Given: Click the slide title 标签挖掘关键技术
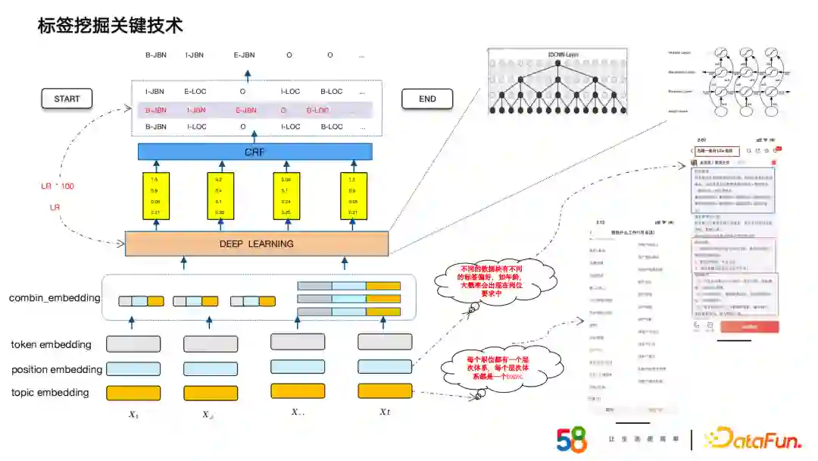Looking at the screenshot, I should click(111, 26).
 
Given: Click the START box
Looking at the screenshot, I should click(67, 99).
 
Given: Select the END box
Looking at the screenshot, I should click(427, 99).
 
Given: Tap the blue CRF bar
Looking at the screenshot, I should click(255, 152).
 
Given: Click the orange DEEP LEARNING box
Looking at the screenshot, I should click(256, 243).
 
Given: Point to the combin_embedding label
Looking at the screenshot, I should click(55, 298).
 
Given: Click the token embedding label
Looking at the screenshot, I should click(51, 344).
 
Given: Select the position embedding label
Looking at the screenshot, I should click(56, 369).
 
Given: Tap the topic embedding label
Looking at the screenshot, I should click(50, 392).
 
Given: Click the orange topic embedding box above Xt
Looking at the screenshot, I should click(385, 391).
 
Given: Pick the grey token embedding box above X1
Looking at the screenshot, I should click(133, 343).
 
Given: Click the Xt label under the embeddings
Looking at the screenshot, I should click(385, 412).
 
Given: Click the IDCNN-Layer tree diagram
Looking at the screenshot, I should click(558, 82).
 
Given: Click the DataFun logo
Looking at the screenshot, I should click(751, 439).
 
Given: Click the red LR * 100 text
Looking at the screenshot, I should click(58, 187).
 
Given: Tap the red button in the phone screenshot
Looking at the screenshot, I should click(749, 327).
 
